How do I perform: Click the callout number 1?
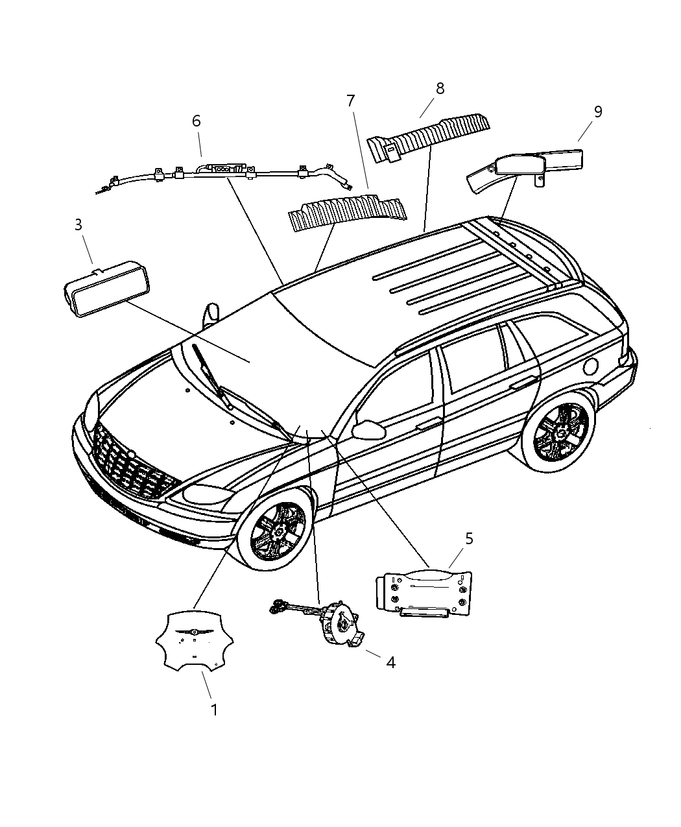[x=214, y=710]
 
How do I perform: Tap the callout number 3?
[x=78, y=225]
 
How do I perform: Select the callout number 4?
[x=390, y=662]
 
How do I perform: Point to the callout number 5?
[x=469, y=538]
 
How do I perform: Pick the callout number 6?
[x=196, y=121]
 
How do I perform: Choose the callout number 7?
[x=350, y=101]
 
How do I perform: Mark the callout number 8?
[x=440, y=88]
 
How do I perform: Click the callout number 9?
[x=597, y=112]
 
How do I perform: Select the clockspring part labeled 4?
[x=337, y=623]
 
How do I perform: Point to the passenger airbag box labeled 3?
[x=104, y=289]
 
